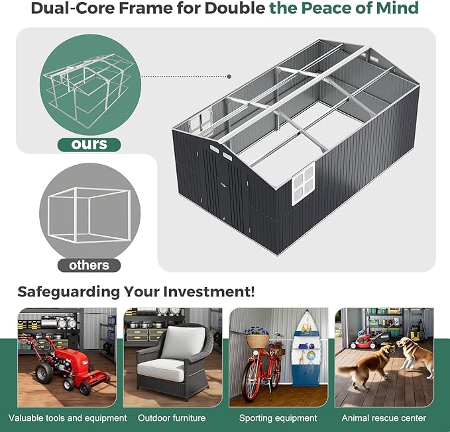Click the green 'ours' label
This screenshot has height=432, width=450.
tap(89, 145)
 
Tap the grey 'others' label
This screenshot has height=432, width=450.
tap(89, 265)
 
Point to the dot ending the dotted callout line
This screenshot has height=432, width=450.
tap(229, 77)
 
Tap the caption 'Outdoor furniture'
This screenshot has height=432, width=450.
tap(172, 418)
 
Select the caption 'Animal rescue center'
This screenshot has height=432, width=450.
tap(384, 418)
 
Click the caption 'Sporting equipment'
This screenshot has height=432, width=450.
tap(278, 418)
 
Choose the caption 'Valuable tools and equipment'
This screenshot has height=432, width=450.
tap(68, 418)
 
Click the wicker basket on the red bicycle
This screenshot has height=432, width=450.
tap(257, 341)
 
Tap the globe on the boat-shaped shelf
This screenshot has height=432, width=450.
tap(311, 356)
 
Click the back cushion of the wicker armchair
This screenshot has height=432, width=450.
tap(184, 342)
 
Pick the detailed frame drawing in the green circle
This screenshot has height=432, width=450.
tap(87, 89)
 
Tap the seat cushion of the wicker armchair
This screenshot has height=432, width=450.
tap(160, 370)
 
